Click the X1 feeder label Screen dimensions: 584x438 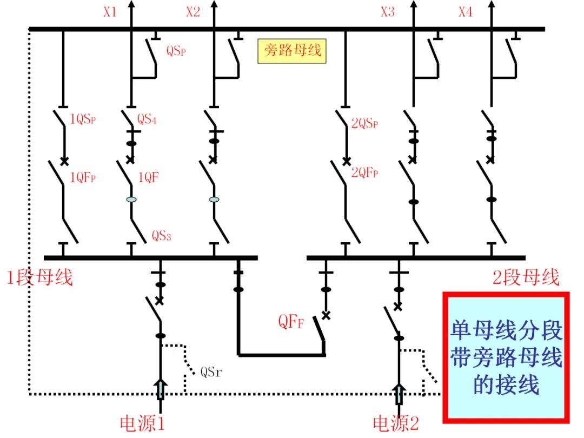click(110, 12)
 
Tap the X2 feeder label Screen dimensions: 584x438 click(193, 12)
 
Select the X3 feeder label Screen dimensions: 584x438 click(387, 12)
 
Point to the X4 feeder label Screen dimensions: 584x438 click(465, 12)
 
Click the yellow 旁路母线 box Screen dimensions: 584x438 click(292, 51)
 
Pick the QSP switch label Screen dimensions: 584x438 click(176, 50)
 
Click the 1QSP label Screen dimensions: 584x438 click(83, 119)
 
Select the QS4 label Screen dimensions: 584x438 click(147, 119)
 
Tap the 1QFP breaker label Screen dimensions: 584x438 click(83, 177)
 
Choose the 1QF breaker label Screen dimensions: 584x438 click(148, 177)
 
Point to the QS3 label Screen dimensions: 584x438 click(161, 236)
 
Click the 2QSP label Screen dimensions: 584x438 click(364, 123)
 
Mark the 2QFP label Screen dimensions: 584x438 click(364, 172)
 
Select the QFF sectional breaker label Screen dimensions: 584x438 click(291, 321)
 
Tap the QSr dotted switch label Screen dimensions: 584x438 click(211, 371)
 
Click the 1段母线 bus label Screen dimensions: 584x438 click(39, 277)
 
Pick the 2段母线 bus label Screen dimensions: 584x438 click(526, 277)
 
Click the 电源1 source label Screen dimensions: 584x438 click(142, 423)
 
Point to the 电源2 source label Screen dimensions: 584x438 click(395, 423)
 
